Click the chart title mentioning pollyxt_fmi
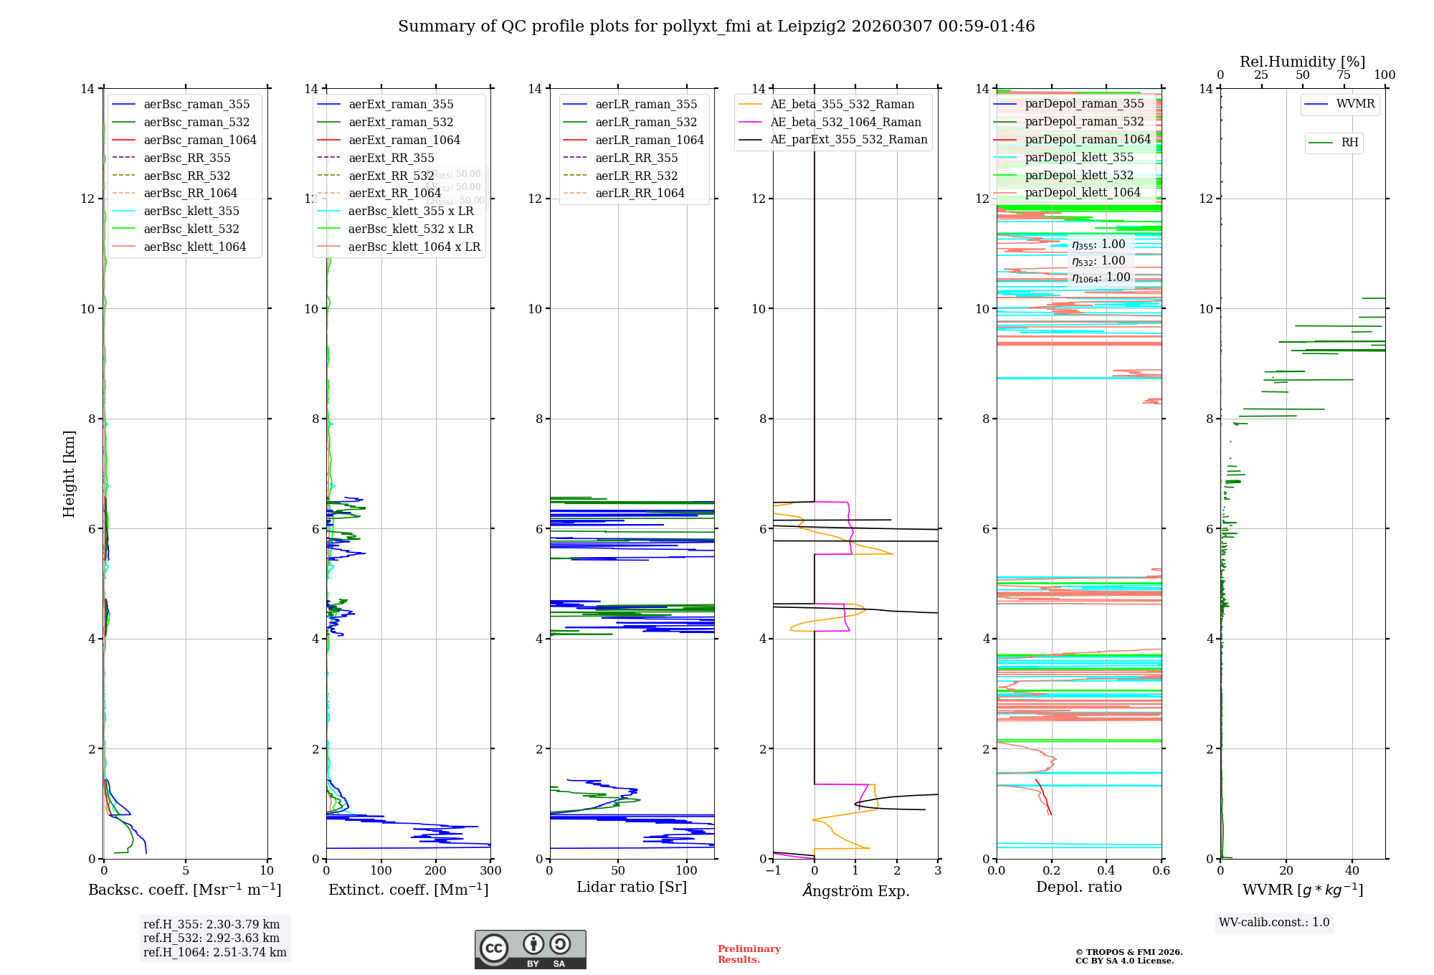pyautogui.click(x=716, y=27)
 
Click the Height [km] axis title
pyautogui.click(x=69, y=474)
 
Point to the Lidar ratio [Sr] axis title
pyautogui.click(x=631, y=888)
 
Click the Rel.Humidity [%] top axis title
pyautogui.click(x=1302, y=62)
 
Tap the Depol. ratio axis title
pyautogui.click(x=1078, y=888)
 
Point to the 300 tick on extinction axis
pyautogui.click(x=490, y=871)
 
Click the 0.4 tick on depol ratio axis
pyautogui.click(x=1106, y=871)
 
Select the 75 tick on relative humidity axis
pyautogui.click(x=1344, y=75)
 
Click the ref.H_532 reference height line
pyautogui.click(x=212, y=938)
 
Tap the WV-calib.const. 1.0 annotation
pyautogui.click(x=1274, y=923)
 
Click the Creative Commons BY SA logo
pyautogui.click(x=530, y=950)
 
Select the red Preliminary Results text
pyautogui.click(x=749, y=954)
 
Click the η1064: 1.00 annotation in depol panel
pyautogui.click(x=1101, y=277)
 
